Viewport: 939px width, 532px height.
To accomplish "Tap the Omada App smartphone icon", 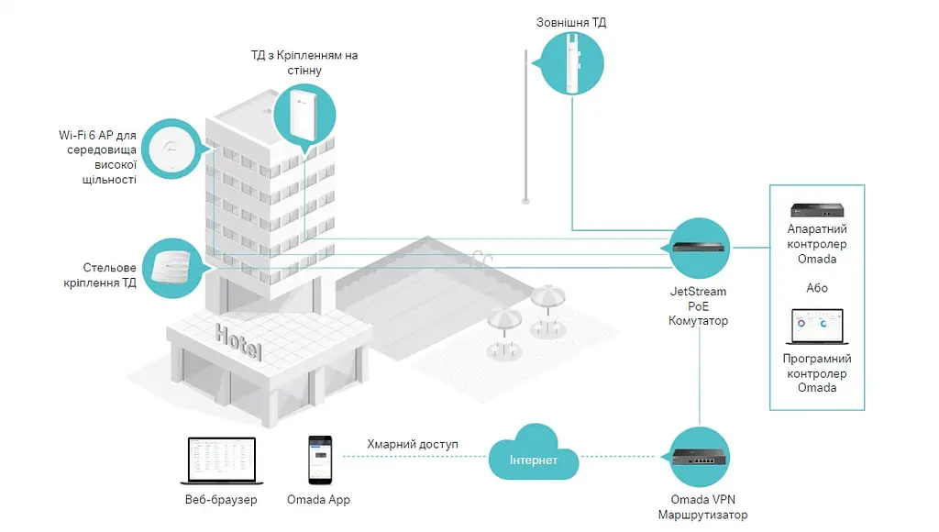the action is pyautogui.click(x=320, y=460).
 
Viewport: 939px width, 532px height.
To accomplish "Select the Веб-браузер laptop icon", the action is pyautogui.click(x=222, y=460).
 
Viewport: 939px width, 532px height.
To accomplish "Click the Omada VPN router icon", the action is pyautogui.click(x=699, y=457).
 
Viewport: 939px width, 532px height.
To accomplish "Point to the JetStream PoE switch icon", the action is pyautogui.click(x=698, y=248).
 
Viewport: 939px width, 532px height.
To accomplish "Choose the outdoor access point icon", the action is pyautogui.click(x=571, y=63).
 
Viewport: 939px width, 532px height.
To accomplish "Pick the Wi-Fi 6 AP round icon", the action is pyautogui.click(x=171, y=150).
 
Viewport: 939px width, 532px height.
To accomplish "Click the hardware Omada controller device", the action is pyautogui.click(x=817, y=210).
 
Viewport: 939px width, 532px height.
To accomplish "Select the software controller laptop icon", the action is pyautogui.click(x=817, y=327).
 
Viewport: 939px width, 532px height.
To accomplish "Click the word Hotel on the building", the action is pyautogui.click(x=238, y=342).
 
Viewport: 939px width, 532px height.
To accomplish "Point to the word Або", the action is pyautogui.click(x=817, y=288).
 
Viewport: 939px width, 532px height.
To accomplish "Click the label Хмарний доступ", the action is pyautogui.click(x=413, y=445).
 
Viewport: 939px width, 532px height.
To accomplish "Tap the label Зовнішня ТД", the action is pyautogui.click(x=571, y=23).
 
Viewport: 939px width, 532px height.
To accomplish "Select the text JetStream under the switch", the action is pyautogui.click(x=698, y=292).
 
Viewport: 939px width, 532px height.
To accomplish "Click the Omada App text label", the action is pyautogui.click(x=318, y=500).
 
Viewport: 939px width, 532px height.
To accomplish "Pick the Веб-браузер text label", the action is pyautogui.click(x=221, y=500).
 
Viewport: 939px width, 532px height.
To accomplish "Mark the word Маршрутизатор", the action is pyautogui.click(x=703, y=515).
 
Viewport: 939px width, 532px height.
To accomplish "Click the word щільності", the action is pyautogui.click(x=110, y=180).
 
